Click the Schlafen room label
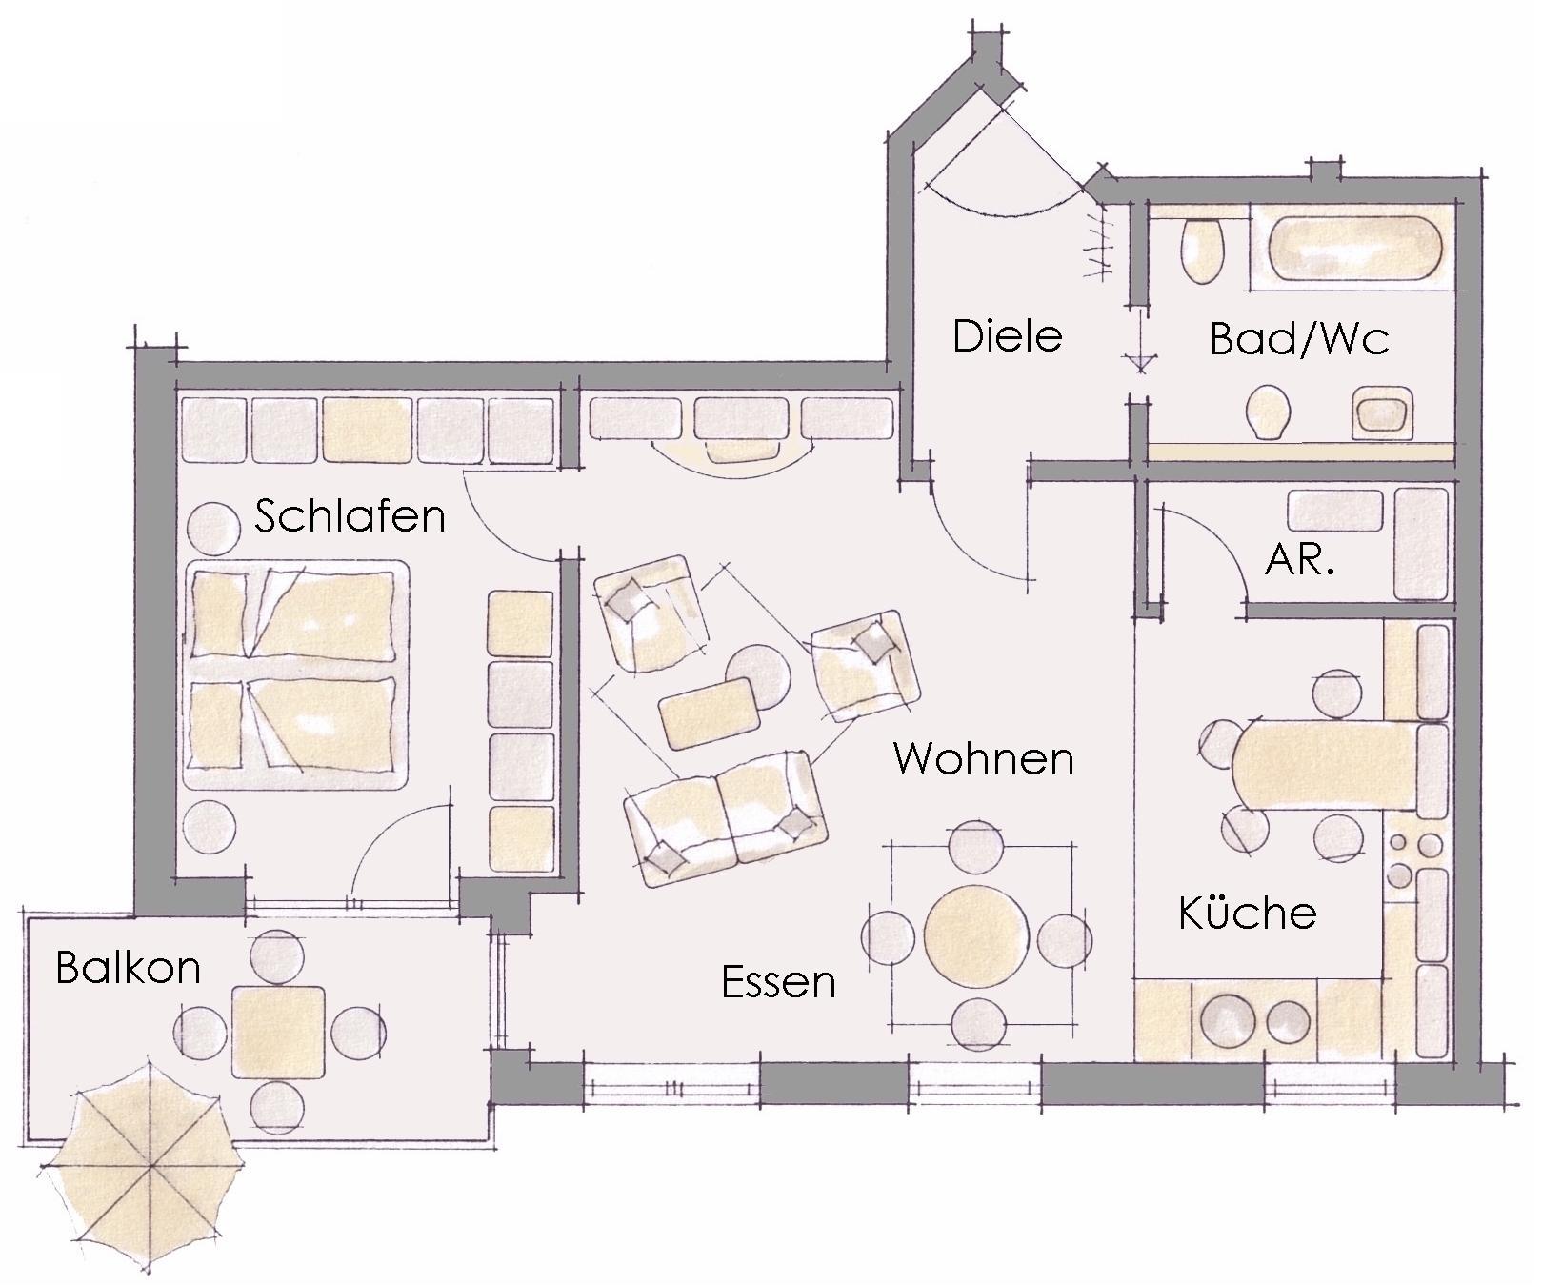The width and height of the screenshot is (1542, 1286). click(x=350, y=516)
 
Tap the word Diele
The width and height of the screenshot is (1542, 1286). click(x=1007, y=336)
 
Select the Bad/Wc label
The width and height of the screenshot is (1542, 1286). click(x=1299, y=339)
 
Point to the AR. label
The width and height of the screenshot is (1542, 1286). click(x=1299, y=560)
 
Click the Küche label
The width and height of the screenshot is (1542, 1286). click(x=1248, y=912)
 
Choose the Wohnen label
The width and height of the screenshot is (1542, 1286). click(x=984, y=759)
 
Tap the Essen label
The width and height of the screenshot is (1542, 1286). click(x=779, y=982)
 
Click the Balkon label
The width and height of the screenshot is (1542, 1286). click(x=129, y=968)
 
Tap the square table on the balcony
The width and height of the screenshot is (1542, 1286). click(x=278, y=1032)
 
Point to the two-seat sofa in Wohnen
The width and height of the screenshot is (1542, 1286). click(x=725, y=818)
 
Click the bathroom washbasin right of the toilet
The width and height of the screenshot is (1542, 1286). click(x=1381, y=413)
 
